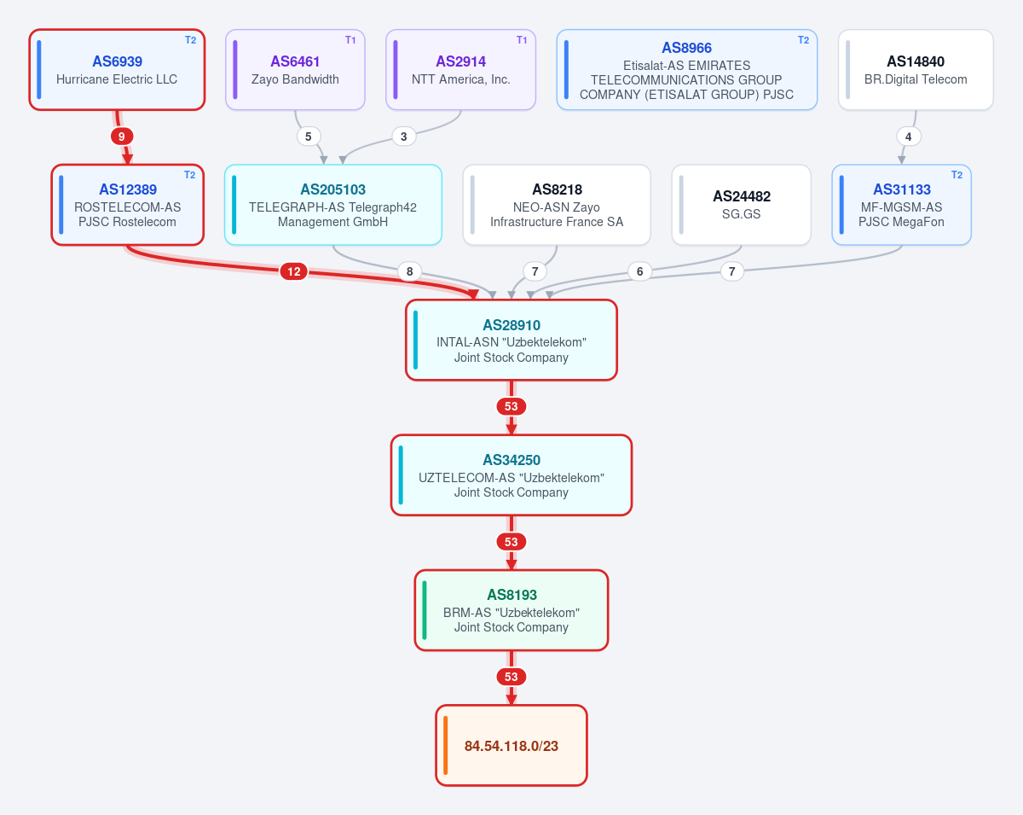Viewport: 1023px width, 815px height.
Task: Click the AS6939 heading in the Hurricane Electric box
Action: click(117, 61)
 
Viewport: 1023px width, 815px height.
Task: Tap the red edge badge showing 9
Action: click(122, 137)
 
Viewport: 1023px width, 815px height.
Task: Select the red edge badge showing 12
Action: click(294, 271)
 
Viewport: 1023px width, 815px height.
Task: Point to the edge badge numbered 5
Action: click(308, 137)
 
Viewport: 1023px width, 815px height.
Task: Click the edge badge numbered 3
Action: click(403, 137)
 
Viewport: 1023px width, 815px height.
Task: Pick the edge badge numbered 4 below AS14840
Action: click(909, 137)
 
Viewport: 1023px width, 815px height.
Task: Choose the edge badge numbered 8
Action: click(409, 271)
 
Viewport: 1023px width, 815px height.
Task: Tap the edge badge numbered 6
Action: click(639, 271)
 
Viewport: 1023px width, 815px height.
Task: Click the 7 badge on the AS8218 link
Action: click(535, 271)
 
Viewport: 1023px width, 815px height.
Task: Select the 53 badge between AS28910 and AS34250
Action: click(511, 406)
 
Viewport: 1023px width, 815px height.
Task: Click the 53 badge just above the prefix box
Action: click(511, 677)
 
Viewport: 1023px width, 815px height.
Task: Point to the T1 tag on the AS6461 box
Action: click(350, 40)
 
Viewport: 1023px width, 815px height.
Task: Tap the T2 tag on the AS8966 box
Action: click(803, 40)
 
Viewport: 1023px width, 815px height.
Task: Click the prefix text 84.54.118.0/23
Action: click(511, 746)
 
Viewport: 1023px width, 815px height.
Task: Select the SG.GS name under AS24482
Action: click(741, 214)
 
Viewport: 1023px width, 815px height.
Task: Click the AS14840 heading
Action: click(916, 61)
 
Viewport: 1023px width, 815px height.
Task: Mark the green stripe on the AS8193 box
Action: click(425, 610)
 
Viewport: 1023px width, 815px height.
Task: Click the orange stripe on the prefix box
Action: click(445, 745)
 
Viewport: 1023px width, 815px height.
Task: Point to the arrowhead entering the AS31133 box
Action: click(901, 160)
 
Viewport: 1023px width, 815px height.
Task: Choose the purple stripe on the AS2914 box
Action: click(396, 69)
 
